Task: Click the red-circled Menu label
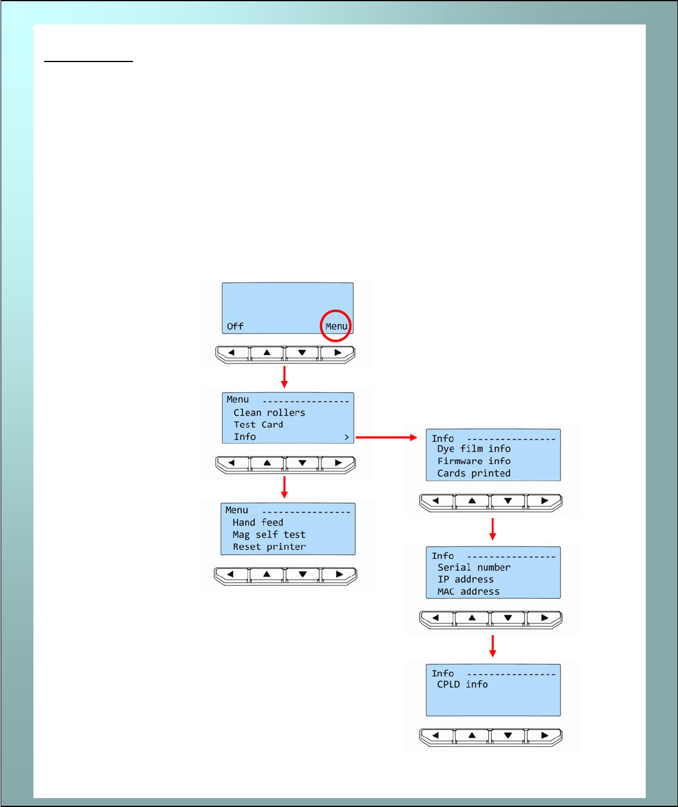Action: coord(336,326)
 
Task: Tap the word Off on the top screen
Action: coord(235,326)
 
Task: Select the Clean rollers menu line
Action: coord(269,412)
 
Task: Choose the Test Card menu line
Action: coord(258,424)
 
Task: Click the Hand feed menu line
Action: coord(258,522)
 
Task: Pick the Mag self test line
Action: coord(269,535)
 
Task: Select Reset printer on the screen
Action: coord(269,547)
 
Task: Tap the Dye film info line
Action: coord(474,449)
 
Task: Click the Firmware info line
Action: coord(474,461)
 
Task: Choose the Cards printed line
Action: coord(474,473)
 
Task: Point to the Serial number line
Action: coord(474,567)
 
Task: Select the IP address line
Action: coord(466,579)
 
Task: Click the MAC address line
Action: coord(469,592)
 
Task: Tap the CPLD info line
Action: coord(463,685)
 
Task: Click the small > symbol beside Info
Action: coord(346,438)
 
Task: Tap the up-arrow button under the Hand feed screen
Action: coord(267,574)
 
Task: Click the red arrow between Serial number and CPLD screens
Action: coord(492,646)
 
